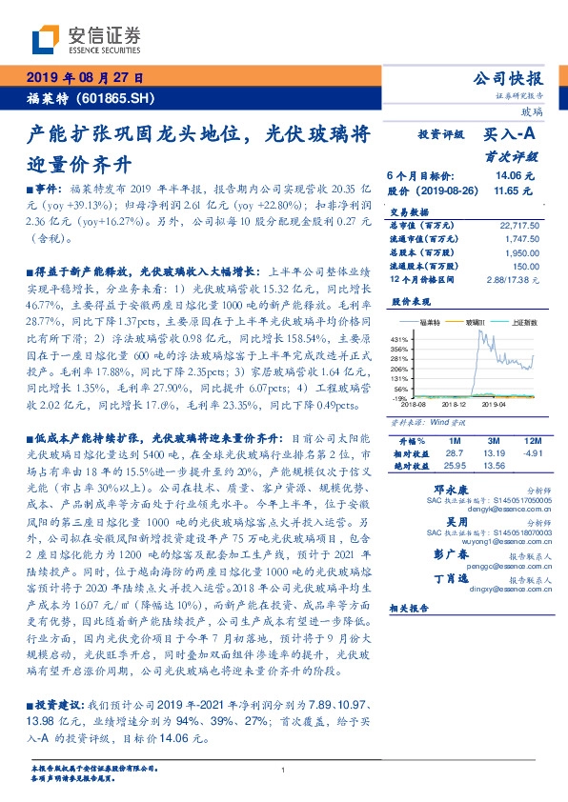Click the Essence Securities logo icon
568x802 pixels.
[48, 39]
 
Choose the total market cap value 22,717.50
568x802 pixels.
[518, 225]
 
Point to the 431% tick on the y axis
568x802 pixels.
[400, 339]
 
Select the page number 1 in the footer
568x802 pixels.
[283, 770]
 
